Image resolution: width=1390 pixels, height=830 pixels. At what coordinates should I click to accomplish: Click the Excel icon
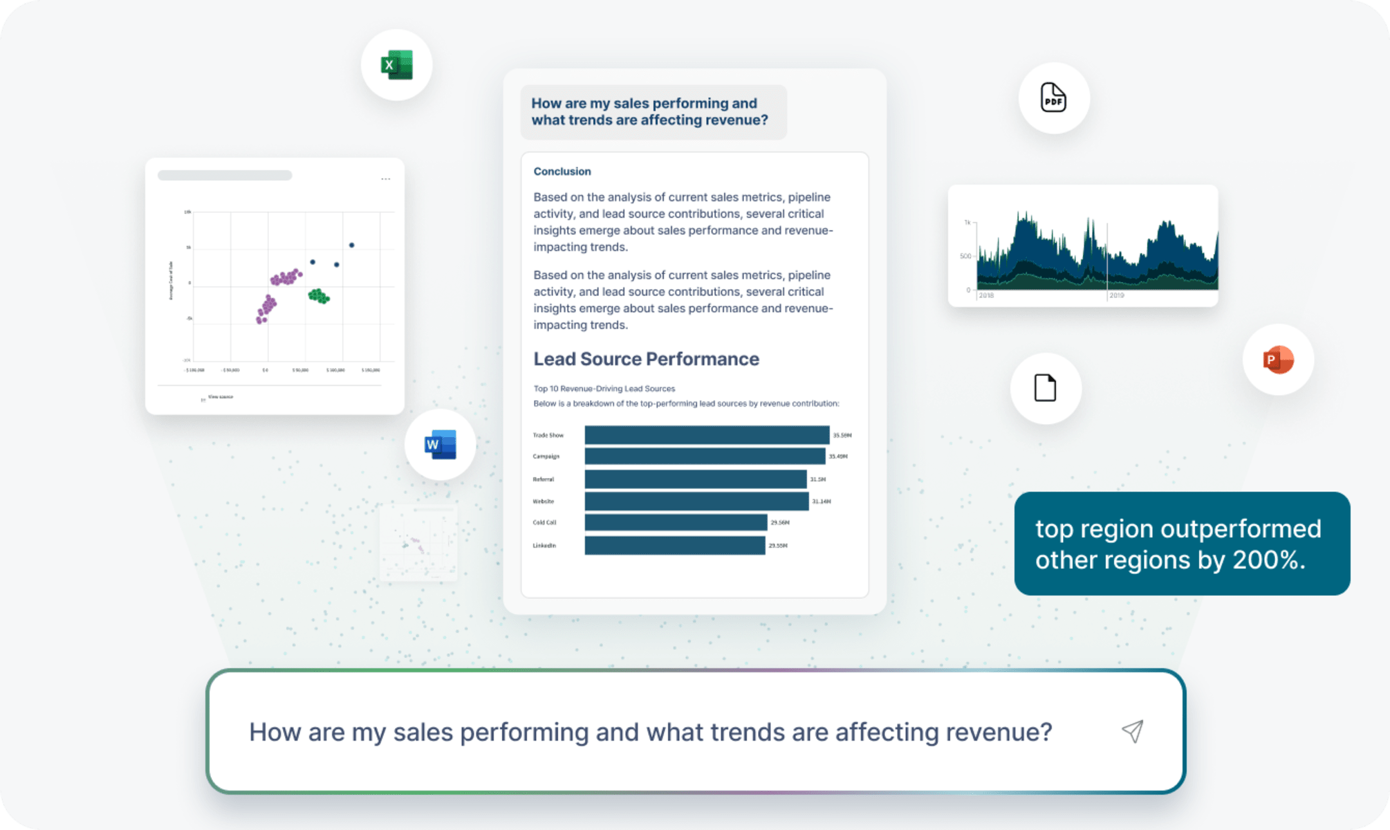click(x=396, y=65)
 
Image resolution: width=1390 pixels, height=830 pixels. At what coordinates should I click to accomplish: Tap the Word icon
click(x=441, y=445)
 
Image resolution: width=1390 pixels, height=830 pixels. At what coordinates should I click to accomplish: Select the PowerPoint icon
click(x=1278, y=360)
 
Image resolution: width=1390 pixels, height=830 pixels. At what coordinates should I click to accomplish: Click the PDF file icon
click(x=1053, y=98)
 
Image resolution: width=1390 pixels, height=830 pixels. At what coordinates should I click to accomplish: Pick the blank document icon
click(x=1045, y=388)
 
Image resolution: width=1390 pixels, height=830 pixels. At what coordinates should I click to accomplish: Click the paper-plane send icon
click(x=1132, y=731)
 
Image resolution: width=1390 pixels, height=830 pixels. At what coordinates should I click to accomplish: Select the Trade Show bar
click(x=707, y=435)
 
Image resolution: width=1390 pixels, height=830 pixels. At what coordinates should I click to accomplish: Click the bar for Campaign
click(x=705, y=456)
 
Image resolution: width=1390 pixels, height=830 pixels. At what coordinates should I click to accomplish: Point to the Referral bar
click(x=695, y=479)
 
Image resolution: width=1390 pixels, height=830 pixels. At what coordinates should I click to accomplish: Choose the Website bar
click(x=696, y=501)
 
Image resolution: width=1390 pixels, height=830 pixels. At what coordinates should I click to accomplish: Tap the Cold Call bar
click(x=676, y=522)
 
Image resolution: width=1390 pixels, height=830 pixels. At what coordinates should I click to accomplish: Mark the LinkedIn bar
click(x=674, y=545)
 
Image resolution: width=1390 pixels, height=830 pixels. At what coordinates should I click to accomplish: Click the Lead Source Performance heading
click(x=646, y=359)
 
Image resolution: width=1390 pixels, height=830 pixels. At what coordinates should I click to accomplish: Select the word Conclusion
click(x=562, y=172)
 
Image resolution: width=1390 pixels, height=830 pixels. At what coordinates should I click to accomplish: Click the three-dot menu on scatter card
click(x=386, y=179)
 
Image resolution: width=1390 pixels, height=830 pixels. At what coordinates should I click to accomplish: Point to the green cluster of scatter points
click(x=318, y=296)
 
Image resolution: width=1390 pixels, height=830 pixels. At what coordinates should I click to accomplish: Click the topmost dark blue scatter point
click(x=352, y=245)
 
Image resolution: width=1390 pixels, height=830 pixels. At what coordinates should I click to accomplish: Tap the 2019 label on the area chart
click(x=1117, y=295)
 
